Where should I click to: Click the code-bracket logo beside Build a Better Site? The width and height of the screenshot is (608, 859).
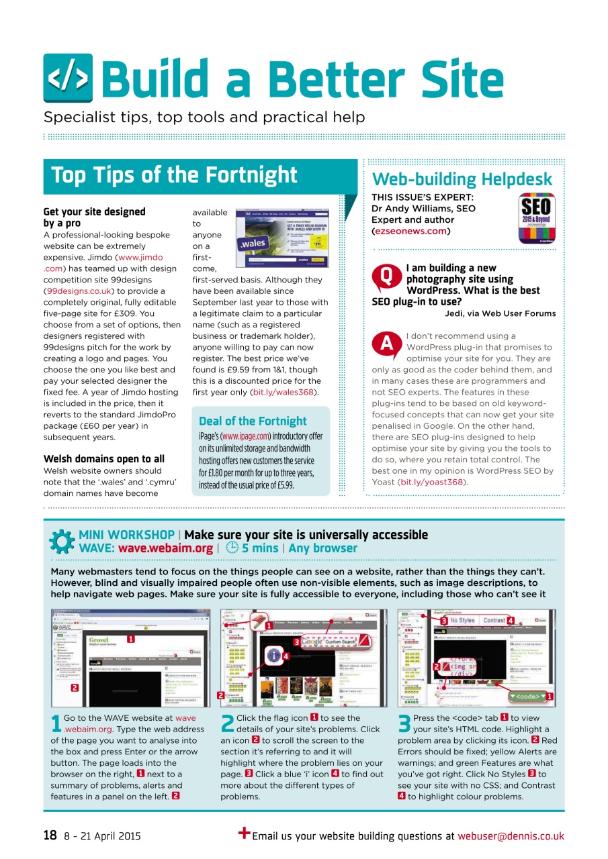click(x=68, y=78)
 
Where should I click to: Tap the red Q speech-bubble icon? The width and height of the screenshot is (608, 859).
click(x=386, y=276)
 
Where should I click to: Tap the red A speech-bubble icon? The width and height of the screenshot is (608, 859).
click(x=386, y=344)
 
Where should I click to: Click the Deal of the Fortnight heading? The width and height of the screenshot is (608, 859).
click(x=253, y=421)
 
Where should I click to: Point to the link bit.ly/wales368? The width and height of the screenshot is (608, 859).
click(x=284, y=392)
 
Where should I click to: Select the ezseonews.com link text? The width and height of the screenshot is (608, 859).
click(x=410, y=231)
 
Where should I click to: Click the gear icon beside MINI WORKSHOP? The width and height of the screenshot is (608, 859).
click(x=62, y=542)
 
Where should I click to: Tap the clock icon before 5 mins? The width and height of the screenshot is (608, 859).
click(x=232, y=548)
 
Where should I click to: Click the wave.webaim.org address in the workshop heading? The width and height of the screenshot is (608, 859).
click(x=165, y=548)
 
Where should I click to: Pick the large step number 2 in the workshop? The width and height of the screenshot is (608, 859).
click(x=228, y=723)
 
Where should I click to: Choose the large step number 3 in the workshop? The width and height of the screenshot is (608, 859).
click(x=404, y=723)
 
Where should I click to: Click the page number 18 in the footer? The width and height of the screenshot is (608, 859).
click(x=50, y=836)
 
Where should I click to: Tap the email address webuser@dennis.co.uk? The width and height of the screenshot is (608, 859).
click(x=511, y=836)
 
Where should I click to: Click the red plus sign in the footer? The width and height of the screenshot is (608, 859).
click(x=244, y=833)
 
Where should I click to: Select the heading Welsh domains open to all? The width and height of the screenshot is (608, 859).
click(x=103, y=459)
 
